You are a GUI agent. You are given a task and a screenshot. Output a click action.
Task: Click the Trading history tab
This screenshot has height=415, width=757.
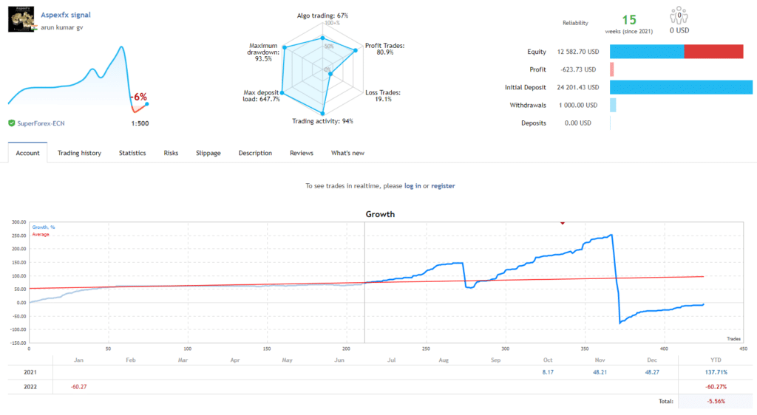click(79, 153)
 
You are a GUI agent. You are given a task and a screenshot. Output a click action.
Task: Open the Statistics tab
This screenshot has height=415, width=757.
click(132, 153)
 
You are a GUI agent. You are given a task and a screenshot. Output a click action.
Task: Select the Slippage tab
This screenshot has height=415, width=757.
click(208, 153)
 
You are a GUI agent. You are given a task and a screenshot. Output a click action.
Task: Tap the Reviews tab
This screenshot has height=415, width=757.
click(301, 153)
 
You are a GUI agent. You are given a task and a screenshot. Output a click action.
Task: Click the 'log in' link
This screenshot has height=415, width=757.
click(413, 186)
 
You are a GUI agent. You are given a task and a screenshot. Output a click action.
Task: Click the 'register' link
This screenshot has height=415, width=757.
click(443, 186)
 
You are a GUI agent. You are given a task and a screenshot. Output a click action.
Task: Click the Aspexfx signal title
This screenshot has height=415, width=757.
click(66, 14)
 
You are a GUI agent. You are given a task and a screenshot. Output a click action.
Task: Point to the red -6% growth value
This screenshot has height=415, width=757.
click(139, 97)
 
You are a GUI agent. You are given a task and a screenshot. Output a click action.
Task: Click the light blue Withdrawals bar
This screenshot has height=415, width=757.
click(613, 105)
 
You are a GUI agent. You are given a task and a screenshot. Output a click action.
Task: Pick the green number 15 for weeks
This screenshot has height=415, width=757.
click(629, 19)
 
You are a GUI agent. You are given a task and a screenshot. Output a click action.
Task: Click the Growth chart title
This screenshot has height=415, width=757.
click(380, 214)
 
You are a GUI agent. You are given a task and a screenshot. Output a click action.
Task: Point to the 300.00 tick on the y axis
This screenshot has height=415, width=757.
click(17, 221)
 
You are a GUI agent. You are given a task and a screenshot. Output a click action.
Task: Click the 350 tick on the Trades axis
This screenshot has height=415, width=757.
click(585, 349)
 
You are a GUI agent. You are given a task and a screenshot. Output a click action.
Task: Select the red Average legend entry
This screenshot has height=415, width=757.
click(40, 234)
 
